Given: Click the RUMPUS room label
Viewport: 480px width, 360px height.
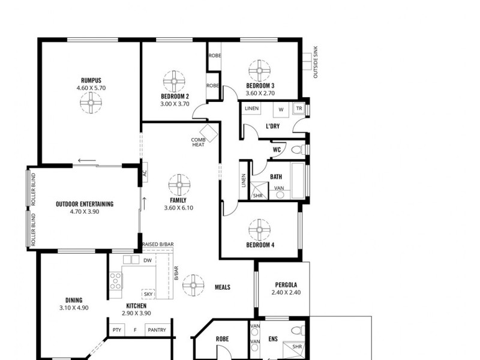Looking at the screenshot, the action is click(x=91, y=80).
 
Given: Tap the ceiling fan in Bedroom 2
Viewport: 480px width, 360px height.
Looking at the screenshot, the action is click(x=174, y=82).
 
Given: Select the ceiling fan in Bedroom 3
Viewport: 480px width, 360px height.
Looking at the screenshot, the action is click(x=259, y=71).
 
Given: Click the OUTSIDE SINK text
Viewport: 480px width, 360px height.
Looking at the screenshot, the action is click(x=316, y=62).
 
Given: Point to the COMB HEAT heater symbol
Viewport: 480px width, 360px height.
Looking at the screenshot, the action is click(x=208, y=133).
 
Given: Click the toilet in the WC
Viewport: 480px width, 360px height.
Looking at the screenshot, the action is click(x=298, y=149).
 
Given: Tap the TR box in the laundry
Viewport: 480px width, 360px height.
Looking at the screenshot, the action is click(x=299, y=109).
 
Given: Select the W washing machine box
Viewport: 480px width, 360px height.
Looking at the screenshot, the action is click(x=281, y=109).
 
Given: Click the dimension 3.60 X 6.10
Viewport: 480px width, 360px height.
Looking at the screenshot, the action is click(x=179, y=208).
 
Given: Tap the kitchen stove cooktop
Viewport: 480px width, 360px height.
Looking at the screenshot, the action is click(x=116, y=281).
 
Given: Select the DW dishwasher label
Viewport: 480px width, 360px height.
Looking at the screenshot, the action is click(x=148, y=260).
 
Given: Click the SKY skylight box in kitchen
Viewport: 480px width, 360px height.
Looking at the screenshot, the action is click(x=148, y=294).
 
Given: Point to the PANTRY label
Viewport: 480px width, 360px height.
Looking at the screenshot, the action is click(x=157, y=330).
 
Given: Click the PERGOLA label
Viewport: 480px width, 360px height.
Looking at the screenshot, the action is click(x=286, y=284).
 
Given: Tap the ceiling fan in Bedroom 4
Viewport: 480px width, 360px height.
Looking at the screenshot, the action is click(x=259, y=230).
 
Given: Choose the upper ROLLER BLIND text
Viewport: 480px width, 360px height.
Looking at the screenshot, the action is click(x=34, y=189).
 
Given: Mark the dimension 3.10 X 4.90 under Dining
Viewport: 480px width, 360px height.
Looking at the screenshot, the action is click(x=74, y=308).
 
